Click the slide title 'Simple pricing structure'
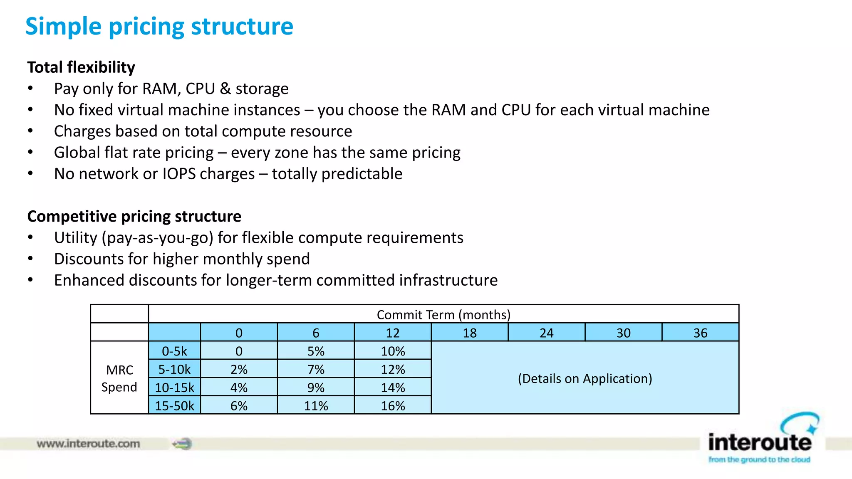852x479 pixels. pos(159,27)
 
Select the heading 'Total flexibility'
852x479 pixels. pos(81,67)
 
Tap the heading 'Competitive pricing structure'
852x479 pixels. pos(134,217)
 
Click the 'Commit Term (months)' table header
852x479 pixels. pos(443,315)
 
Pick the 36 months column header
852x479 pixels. pos(700,333)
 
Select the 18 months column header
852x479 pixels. pos(470,333)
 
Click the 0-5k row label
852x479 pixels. pos(174,351)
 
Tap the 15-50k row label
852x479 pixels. pos(174,406)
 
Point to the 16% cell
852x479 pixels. pos(393,406)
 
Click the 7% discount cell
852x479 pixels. pos(316,369)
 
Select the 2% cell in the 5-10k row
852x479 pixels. pos(239,369)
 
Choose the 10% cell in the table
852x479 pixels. pos(393,351)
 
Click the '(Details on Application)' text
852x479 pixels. pos(585,378)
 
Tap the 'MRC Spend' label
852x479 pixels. pos(119,378)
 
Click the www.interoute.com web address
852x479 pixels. pos(88,444)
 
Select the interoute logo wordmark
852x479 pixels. pos(760,442)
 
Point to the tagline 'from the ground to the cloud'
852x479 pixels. pos(759,459)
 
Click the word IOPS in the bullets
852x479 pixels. pos(179,174)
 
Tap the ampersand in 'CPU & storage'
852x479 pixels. pos(225,89)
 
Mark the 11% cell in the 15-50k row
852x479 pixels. pos(316,406)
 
